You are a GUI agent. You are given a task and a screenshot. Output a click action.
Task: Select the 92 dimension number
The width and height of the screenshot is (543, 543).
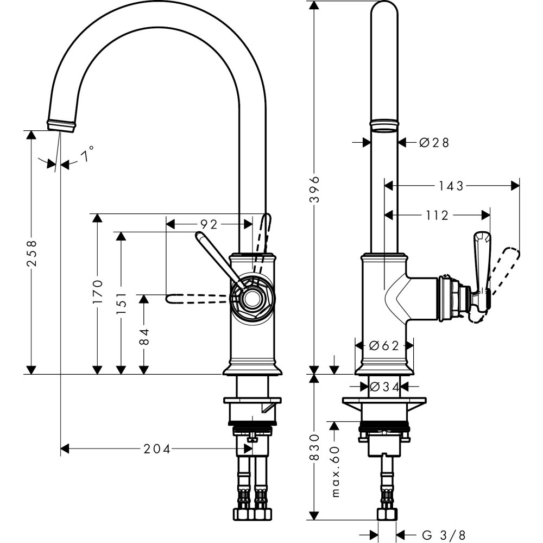(x=209, y=224)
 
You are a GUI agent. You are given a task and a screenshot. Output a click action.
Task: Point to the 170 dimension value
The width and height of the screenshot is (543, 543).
(x=97, y=292)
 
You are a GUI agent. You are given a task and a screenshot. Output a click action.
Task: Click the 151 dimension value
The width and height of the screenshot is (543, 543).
(x=121, y=302)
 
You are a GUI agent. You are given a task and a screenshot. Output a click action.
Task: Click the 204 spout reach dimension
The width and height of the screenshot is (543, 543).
(x=157, y=449)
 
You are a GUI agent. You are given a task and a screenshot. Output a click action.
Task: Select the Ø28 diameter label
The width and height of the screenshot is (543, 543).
(x=434, y=142)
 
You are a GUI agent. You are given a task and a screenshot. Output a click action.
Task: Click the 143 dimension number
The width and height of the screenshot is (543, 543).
(x=452, y=186)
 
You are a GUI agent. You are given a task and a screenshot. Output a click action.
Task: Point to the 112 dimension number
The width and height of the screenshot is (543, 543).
(x=437, y=216)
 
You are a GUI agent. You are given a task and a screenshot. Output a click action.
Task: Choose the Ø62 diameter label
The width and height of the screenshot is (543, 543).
(x=384, y=345)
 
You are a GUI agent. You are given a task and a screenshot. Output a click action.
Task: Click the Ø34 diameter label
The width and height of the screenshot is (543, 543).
(x=384, y=387)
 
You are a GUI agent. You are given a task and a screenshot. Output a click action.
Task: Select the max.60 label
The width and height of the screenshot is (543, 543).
(x=335, y=472)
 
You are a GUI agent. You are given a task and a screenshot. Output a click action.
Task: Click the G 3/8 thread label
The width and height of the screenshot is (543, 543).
(x=444, y=535)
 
